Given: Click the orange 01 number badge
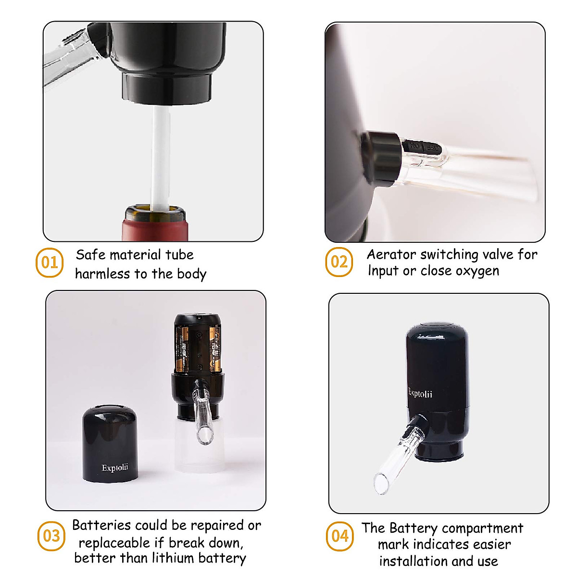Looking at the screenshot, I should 50,263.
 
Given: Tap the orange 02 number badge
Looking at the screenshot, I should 339,262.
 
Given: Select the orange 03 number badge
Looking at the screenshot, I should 51,536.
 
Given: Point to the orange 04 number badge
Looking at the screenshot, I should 340,535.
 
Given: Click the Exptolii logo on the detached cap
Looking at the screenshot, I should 115,468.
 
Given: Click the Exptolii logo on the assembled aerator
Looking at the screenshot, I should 420,393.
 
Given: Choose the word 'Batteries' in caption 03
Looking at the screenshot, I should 101,525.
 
